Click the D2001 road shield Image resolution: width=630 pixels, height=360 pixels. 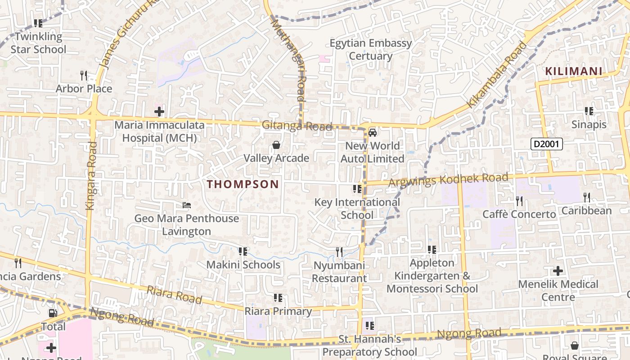546,144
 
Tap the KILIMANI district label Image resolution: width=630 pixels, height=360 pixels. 574,71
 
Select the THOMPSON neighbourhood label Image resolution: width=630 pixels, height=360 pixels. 243,184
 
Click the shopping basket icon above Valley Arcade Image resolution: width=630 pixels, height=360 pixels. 276,145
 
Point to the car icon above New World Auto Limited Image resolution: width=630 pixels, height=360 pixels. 372,132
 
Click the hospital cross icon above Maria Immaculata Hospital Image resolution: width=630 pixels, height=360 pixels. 159,111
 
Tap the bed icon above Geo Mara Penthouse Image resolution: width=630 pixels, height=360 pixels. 187,206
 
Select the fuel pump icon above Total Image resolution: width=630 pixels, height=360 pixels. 53,313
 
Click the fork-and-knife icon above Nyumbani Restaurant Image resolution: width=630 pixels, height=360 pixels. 339,252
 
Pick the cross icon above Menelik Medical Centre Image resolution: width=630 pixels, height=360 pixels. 558,271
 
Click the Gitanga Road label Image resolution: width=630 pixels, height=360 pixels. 297,126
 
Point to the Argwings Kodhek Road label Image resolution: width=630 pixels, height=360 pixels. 448,180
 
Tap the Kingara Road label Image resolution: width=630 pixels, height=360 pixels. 91,175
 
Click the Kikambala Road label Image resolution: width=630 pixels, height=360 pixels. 497,75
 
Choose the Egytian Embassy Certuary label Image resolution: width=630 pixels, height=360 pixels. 371,49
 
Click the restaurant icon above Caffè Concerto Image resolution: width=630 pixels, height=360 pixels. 519,200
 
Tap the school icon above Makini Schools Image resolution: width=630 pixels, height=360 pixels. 243,251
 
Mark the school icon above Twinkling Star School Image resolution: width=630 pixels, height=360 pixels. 38,23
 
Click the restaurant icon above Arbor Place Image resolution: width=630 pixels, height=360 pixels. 84,75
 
